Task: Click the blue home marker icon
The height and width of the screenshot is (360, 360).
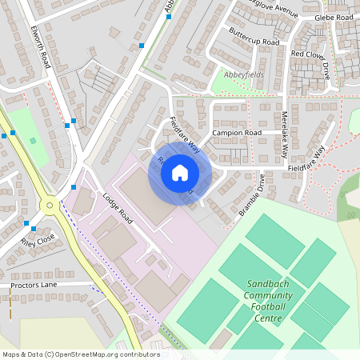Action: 180,173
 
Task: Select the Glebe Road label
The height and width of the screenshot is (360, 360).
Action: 334,17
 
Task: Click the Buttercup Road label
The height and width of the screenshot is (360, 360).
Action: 254,36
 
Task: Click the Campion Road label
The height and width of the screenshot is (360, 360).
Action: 237,132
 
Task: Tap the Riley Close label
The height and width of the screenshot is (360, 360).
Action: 38,238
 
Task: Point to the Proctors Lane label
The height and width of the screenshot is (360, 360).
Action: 34,284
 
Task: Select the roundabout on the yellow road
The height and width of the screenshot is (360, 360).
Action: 50,206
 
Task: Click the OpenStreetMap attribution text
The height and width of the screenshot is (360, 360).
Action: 80,354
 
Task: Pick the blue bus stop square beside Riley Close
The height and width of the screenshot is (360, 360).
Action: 26,223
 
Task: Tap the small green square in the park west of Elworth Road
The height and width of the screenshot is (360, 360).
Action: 33,140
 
